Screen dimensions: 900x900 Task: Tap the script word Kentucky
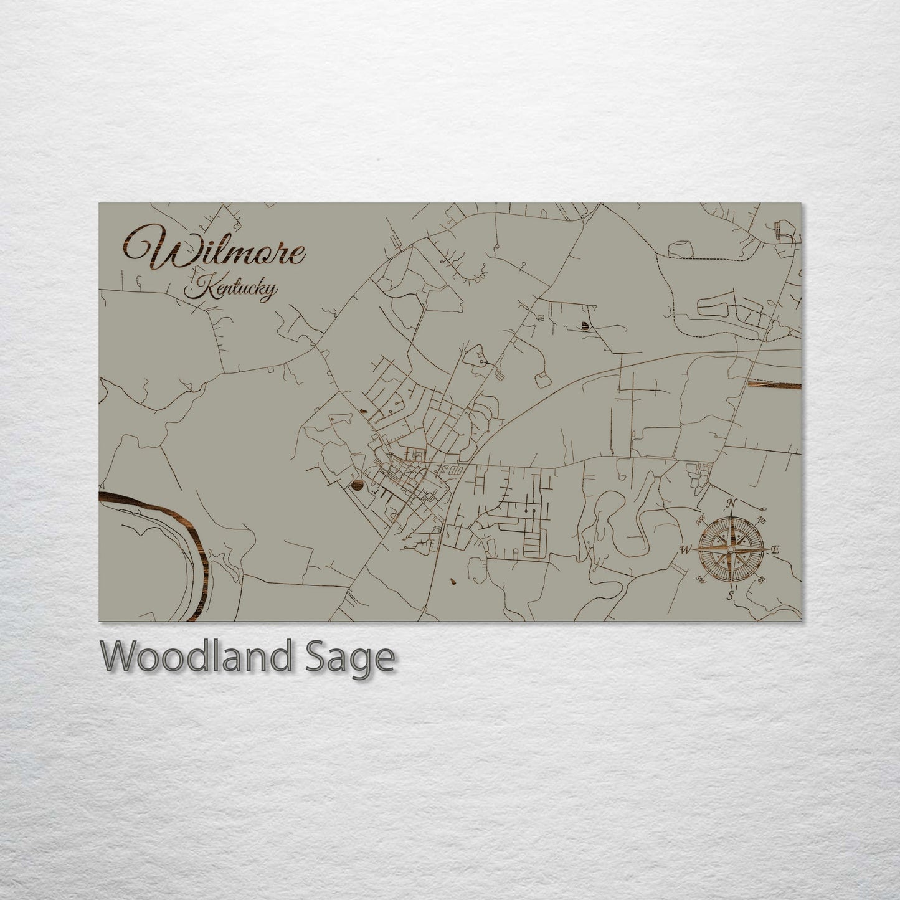pos(232,290)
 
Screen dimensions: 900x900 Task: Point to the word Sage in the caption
pos(361,658)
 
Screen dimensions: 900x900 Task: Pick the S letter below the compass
pos(729,597)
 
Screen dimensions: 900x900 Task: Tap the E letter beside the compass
pos(776,550)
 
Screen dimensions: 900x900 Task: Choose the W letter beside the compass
pos(685,549)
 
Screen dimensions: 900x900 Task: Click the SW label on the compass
pos(699,582)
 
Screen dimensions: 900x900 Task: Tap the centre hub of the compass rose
pos(730,549)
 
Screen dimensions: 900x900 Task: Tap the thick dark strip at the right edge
pos(772,385)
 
